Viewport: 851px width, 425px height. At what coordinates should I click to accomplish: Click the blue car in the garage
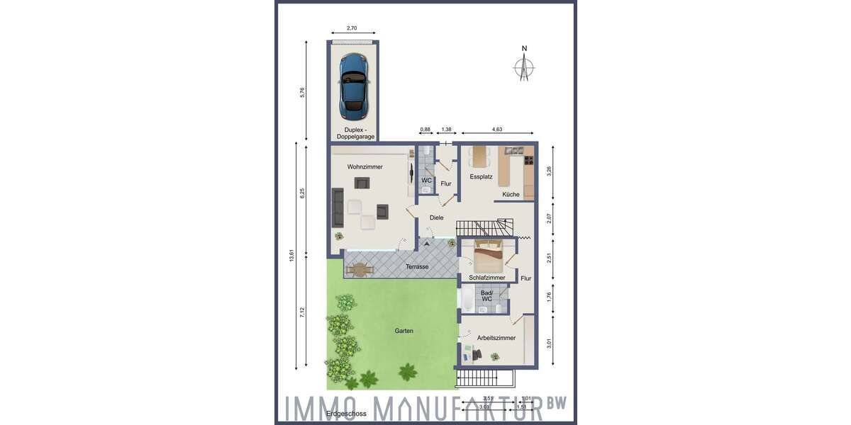pos(353,86)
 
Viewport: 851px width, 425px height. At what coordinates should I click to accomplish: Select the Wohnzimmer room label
pos(365,167)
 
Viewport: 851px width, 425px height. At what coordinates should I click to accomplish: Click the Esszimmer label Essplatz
pos(481,176)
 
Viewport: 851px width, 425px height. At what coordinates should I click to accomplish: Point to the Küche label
pos(511,194)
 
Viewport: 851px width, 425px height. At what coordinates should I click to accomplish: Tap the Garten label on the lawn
pos(404,331)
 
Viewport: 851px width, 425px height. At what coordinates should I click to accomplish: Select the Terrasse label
pos(417,267)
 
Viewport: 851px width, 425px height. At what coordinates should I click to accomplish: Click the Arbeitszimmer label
pos(496,339)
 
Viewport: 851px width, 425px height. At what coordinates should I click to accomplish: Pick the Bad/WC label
pos(486,295)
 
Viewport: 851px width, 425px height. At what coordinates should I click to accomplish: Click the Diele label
pos(436,217)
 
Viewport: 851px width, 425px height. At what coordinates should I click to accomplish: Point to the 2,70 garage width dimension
pos(352,29)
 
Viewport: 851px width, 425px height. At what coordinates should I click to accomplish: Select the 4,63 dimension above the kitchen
pos(496,130)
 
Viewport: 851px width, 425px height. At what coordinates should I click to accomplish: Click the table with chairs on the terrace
pos(360,269)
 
